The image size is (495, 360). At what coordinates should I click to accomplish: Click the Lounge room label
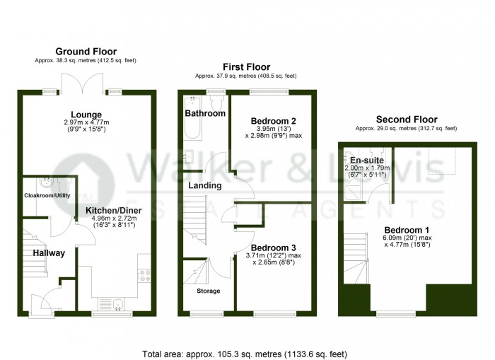86,115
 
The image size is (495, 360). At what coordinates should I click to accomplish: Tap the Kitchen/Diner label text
113,211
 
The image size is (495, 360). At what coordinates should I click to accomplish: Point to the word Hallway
47,252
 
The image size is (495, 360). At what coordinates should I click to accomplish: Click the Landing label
205,185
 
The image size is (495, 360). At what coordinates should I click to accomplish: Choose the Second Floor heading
406,120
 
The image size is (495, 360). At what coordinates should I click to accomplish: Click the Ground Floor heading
86,52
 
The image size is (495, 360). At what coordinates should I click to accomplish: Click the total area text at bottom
245,353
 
